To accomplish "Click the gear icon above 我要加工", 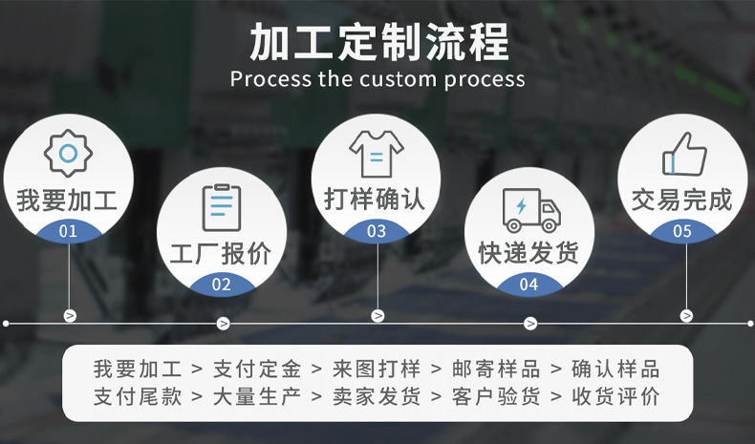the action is pyautogui.click(x=68, y=154).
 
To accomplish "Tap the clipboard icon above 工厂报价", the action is pyautogui.click(x=222, y=206).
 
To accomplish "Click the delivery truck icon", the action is pyautogui.click(x=529, y=209).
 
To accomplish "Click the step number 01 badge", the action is pyautogui.click(x=68, y=231).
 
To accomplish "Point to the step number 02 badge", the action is pyautogui.click(x=222, y=284).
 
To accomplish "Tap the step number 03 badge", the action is pyautogui.click(x=376, y=231).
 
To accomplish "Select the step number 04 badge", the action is pyautogui.click(x=528, y=284).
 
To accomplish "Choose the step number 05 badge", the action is pyautogui.click(x=682, y=231).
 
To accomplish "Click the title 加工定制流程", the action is pyautogui.click(x=378, y=43).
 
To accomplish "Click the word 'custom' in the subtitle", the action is pyautogui.click(x=399, y=79).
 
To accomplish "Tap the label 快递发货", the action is pyautogui.click(x=528, y=253).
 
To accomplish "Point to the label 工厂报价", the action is pyautogui.click(x=221, y=253).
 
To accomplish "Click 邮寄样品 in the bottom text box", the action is pyautogui.click(x=496, y=370).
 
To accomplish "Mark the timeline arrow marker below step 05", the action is pyautogui.click(x=686, y=315).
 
